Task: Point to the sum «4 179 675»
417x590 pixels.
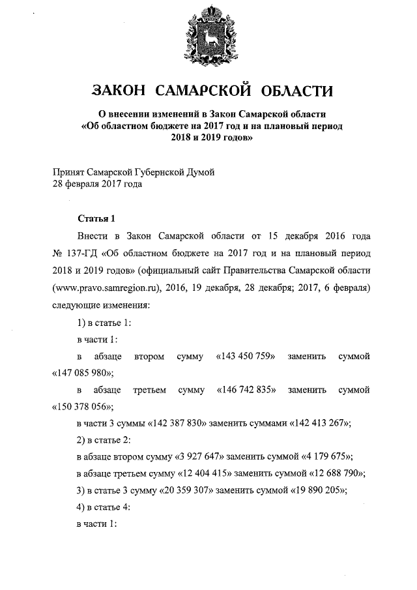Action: [x=321, y=458]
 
